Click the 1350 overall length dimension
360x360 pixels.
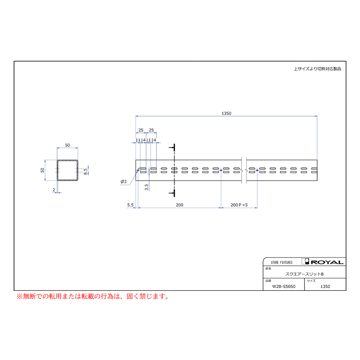pos(226,114)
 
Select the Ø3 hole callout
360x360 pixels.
pos(124,182)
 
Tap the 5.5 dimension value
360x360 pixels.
pos(130,205)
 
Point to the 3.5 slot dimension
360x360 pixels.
pos(146,187)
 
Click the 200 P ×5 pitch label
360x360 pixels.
pos(239,205)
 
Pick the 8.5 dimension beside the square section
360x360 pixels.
pos(86,172)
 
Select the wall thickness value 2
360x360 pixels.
pos(54,190)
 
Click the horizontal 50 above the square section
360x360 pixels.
pos(67,145)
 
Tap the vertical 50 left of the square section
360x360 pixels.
pos(42,170)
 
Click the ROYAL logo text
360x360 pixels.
pos(327,262)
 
